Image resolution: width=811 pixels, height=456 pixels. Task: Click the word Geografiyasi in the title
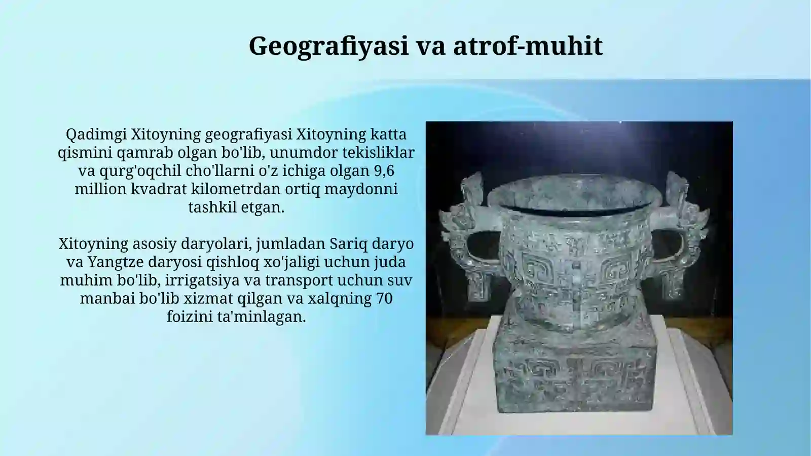tap(328, 46)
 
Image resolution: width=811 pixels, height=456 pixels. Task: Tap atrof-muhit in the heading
tap(528, 46)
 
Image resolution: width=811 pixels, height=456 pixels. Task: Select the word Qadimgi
tap(96, 134)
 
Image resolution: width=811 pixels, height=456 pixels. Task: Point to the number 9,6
tap(384, 171)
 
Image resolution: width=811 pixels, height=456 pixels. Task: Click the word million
tap(100, 189)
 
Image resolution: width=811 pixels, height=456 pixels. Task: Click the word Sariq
tap(348, 244)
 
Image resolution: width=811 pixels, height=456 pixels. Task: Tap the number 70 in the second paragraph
tap(384, 299)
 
